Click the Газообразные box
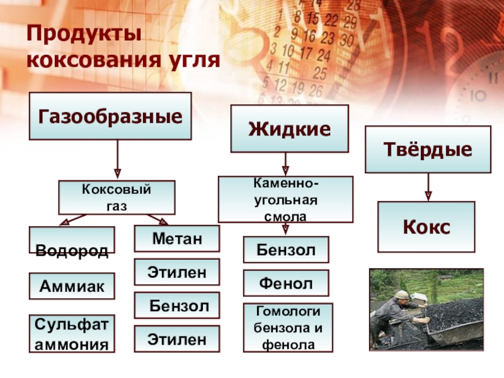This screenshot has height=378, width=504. pyautogui.click(x=110, y=116)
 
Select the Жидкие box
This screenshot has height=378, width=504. pyautogui.click(x=289, y=129)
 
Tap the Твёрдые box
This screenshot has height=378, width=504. pyautogui.click(x=428, y=149)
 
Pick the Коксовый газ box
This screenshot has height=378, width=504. pyautogui.click(x=117, y=197)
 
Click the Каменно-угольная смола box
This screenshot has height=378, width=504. pyautogui.click(x=285, y=199)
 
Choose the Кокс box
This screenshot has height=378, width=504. pyautogui.click(x=426, y=227)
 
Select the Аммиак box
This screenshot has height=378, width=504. pyautogui.click(x=72, y=286)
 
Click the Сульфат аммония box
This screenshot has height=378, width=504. pyautogui.click(x=72, y=333)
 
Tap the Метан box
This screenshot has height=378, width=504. pyautogui.click(x=177, y=239)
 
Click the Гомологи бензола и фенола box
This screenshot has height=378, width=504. pyautogui.click(x=287, y=328)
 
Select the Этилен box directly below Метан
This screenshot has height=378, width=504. pyautogui.click(x=177, y=272)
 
